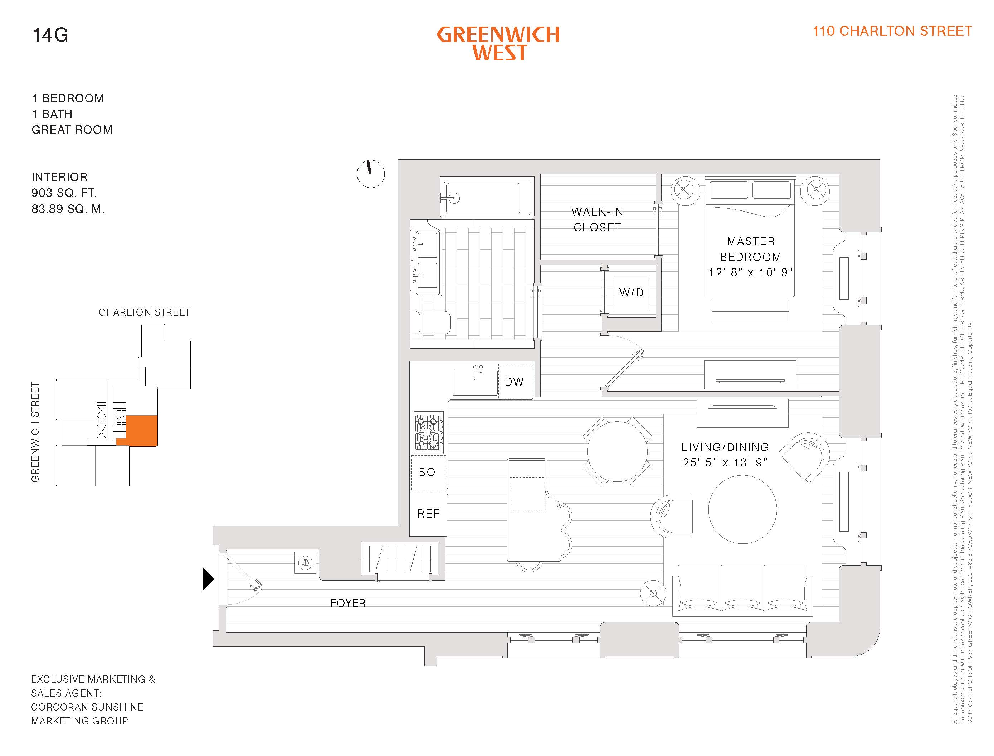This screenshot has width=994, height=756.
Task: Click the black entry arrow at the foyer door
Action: tap(208, 579)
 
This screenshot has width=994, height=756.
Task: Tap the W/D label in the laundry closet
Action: tap(631, 292)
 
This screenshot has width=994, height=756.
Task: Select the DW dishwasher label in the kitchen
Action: tap(514, 382)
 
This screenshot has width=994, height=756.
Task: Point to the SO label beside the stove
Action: tap(427, 472)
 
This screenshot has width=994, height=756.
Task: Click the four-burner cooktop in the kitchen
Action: tap(428, 432)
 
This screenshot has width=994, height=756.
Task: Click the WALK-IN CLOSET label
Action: tap(597, 219)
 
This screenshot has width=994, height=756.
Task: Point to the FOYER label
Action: tap(348, 603)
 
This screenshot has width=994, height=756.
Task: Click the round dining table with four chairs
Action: tap(617, 451)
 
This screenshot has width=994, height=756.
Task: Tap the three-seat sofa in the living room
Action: tap(742, 590)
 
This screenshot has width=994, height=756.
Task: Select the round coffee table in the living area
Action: tap(742, 509)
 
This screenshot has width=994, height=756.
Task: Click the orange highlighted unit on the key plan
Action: tap(142, 430)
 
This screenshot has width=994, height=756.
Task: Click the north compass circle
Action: tap(371, 174)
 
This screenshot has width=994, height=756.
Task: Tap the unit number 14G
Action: tap(50, 35)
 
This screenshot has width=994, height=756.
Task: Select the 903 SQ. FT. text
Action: tap(64, 193)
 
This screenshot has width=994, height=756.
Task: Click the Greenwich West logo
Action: tap(498, 43)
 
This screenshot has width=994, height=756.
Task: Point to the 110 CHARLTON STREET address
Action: tap(892, 31)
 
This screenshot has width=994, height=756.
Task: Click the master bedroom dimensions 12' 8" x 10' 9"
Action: tap(750, 272)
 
